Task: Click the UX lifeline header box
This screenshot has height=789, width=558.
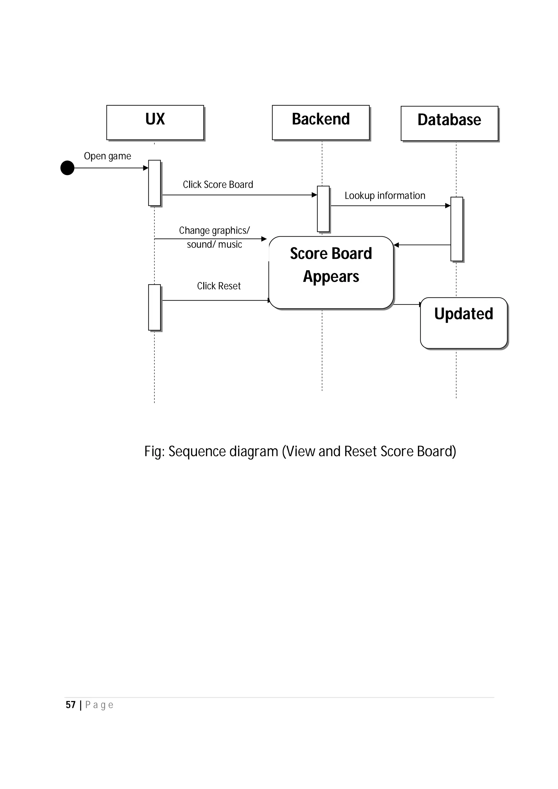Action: click(x=155, y=123)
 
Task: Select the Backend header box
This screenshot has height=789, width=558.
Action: click(x=321, y=123)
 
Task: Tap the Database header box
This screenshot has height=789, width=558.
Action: click(x=449, y=123)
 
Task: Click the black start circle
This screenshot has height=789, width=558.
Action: click(x=67, y=168)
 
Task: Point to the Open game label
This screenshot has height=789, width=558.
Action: click(x=107, y=156)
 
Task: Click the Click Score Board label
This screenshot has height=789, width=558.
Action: click(x=218, y=185)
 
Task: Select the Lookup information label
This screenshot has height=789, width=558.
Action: click(x=385, y=195)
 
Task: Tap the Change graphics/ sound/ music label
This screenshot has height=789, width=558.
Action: click(x=214, y=237)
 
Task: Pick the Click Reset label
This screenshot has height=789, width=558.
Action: click(x=219, y=286)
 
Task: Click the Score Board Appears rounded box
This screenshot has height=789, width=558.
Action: click(x=331, y=273)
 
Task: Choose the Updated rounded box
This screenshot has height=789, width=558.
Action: click(x=464, y=323)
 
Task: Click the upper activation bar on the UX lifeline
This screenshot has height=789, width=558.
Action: click(x=154, y=183)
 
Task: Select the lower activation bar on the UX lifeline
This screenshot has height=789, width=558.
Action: click(x=154, y=307)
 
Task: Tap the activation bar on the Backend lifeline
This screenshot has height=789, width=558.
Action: click(x=323, y=209)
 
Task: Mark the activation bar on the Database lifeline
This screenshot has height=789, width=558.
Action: click(x=457, y=229)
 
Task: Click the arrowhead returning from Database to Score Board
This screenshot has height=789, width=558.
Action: click(x=396, y=245)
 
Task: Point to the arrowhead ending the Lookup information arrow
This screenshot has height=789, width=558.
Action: click(x=448, y=206)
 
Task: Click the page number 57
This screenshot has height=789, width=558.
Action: click(x=71, y=705)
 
